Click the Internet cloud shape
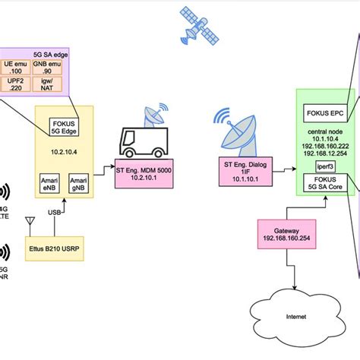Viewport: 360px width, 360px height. coord(287,311)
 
